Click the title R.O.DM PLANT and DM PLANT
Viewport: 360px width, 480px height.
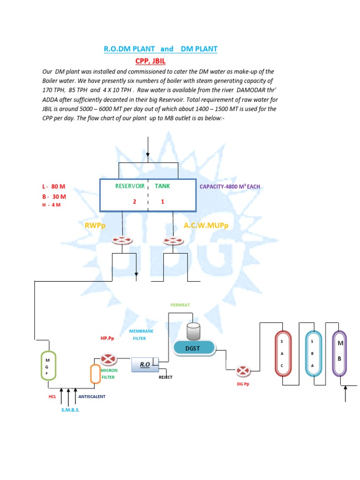tap(160, 49)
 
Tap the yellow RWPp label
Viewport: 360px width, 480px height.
tap(95, 226)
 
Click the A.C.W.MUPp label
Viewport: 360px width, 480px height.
tap(205, 226)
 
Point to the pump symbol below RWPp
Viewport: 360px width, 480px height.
tap(123, 240)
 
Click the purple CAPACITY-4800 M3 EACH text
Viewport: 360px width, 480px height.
tap(230, 187)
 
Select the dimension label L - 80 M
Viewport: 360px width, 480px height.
tap(53, 187)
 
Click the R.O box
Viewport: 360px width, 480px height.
tap(145, 364)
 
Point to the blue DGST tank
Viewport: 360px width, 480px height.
tap(194, 347)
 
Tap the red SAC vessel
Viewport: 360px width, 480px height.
tap(282, 354)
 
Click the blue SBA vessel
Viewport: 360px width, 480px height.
tap(312, 354)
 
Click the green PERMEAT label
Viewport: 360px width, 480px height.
tap(180, 305)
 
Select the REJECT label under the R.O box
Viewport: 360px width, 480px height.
tap(166, 377)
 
